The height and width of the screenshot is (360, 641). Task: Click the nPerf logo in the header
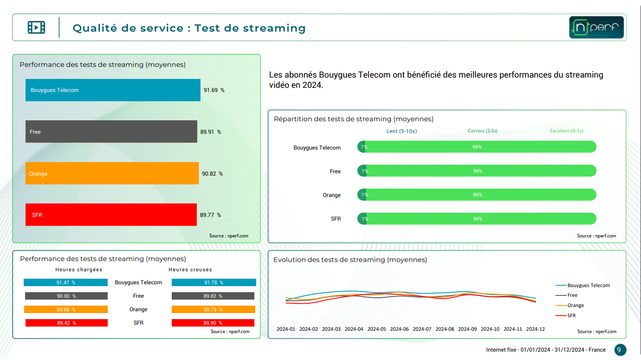click(596, 27)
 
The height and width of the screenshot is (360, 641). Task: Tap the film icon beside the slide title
click(36, 27)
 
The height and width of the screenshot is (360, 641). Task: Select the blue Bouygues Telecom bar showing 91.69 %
click(113, 90)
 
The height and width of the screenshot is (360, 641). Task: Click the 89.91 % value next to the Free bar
click(210, 132)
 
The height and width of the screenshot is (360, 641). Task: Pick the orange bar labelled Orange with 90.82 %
click(112, 173)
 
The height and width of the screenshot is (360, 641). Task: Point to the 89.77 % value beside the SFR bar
click(210, 215)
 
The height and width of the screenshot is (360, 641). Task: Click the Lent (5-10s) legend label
click(401, 131)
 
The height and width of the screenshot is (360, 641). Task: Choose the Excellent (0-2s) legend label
click(566, 131)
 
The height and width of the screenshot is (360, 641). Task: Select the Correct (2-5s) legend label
click(482, 131)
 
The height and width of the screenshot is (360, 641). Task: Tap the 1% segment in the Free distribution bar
click(363, 171)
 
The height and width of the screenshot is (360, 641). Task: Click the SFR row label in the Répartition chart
click(336, 219)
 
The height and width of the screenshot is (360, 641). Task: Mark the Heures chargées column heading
click(79, 269)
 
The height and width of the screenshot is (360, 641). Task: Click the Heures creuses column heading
click(190, 269)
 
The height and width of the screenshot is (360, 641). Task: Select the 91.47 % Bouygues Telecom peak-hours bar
click(65, 282)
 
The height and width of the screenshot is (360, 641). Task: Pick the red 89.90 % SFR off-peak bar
click(213, 323)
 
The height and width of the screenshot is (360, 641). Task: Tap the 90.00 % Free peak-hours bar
click(66, 296)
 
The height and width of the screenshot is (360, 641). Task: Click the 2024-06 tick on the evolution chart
click(399, 329)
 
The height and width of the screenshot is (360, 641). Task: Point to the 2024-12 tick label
click(535, 329)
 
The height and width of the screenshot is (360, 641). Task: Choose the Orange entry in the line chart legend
click(576, 305)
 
